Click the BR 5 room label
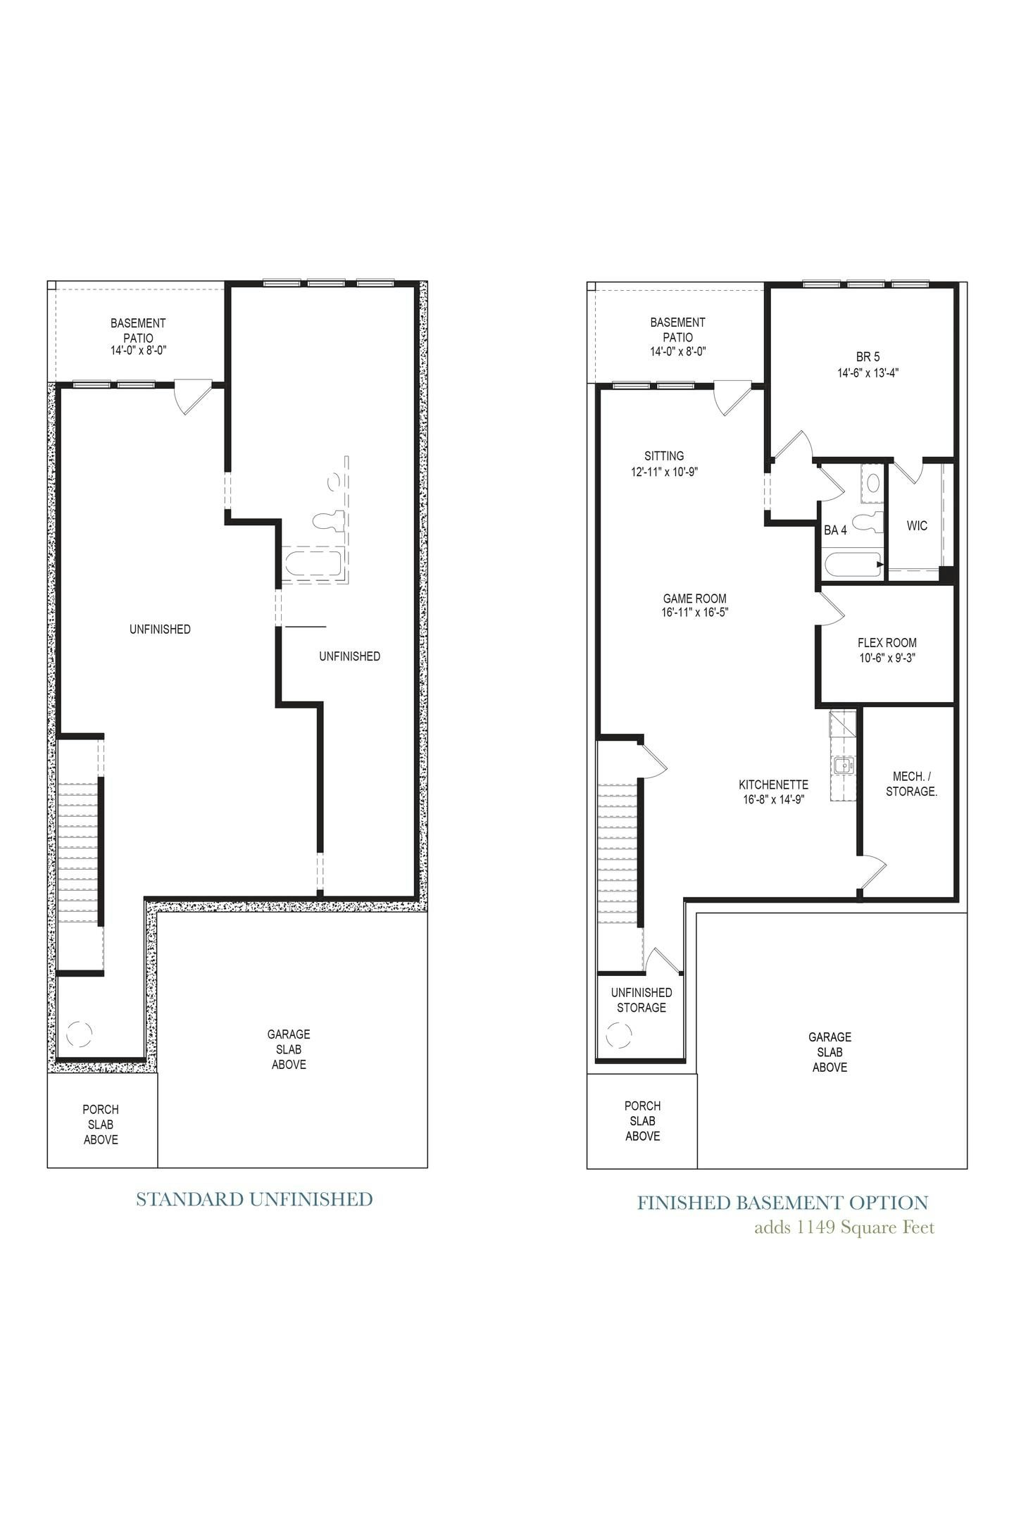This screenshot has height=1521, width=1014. [x=868, y=357]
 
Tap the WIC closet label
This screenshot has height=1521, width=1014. [x=917, y=526]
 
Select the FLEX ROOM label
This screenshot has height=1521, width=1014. [x=887, y=643]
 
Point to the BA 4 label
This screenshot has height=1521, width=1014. [x=835, y=530]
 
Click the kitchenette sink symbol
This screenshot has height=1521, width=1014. [x=843, y=765]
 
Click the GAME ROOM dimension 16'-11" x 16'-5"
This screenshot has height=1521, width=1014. [x=694, y=613]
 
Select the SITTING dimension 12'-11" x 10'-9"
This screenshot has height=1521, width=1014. [x=664, y=472]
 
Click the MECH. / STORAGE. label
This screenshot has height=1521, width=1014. [x=911, y=784]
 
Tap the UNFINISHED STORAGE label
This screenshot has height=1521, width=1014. [x=641, y=1000]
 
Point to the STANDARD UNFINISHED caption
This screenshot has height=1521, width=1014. [x=254, y=1199]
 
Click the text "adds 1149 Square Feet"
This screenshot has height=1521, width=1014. [x=844, y=1228]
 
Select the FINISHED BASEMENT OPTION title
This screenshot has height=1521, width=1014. [x=782, y=1203]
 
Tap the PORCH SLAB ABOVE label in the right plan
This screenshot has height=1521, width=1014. [x=642, y=1121]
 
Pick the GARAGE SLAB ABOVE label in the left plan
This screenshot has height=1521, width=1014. [x=289, y=1049]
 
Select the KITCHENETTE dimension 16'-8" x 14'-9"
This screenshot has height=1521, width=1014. [x=773, y=799]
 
